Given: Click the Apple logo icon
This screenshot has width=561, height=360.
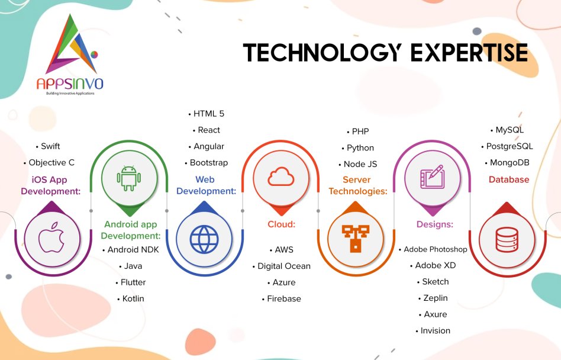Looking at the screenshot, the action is pyautogui.click(x=51, y=238).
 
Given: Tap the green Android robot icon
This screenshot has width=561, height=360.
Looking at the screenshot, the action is pyautogui.click(x=129, y=178).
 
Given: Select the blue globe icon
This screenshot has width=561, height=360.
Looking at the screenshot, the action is pyautogui.click(x=204, y=239).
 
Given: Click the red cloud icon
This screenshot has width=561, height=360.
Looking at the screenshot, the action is pyautogui.click(x=281, y=176).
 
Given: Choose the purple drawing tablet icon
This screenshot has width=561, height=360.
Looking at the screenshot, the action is pyautogui.click(x=433, y=177).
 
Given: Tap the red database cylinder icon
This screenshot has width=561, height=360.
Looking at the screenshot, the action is pyautogui.click(x=507, y=239).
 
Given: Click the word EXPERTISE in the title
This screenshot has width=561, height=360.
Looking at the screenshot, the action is pyautogui.click(x=469, y=53).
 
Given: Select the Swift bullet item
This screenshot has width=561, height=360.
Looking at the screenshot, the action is pyautogui.click(x=48, y=146).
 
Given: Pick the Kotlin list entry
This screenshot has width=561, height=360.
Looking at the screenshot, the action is pyautogui.click(x=131, y=298).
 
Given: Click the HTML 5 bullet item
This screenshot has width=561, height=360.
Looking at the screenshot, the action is pyautogui.click(x=207, y=114).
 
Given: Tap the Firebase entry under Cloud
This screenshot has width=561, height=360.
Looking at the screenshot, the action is pyautogui.click(x=282, y=298).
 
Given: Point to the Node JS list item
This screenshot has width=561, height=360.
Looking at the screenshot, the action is pyautogui.click(x=358, y=164).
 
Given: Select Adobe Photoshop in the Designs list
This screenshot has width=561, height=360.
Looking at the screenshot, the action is pyautogui.click(x=433, y=249).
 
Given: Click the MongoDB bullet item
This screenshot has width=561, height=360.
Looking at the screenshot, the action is pyautogui.click(x=507, y=162).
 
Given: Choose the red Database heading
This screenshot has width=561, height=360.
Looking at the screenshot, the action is pyautogui.click(x=509, y=179).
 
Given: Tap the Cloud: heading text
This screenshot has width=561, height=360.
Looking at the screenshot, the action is pyautogui.click(x=282, y=224).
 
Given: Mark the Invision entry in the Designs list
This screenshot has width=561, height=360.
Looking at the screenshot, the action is pyautogui.click(x=433, y=330).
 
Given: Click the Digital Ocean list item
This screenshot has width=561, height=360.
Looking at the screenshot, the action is pyautogui.click(x=282, y=266).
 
